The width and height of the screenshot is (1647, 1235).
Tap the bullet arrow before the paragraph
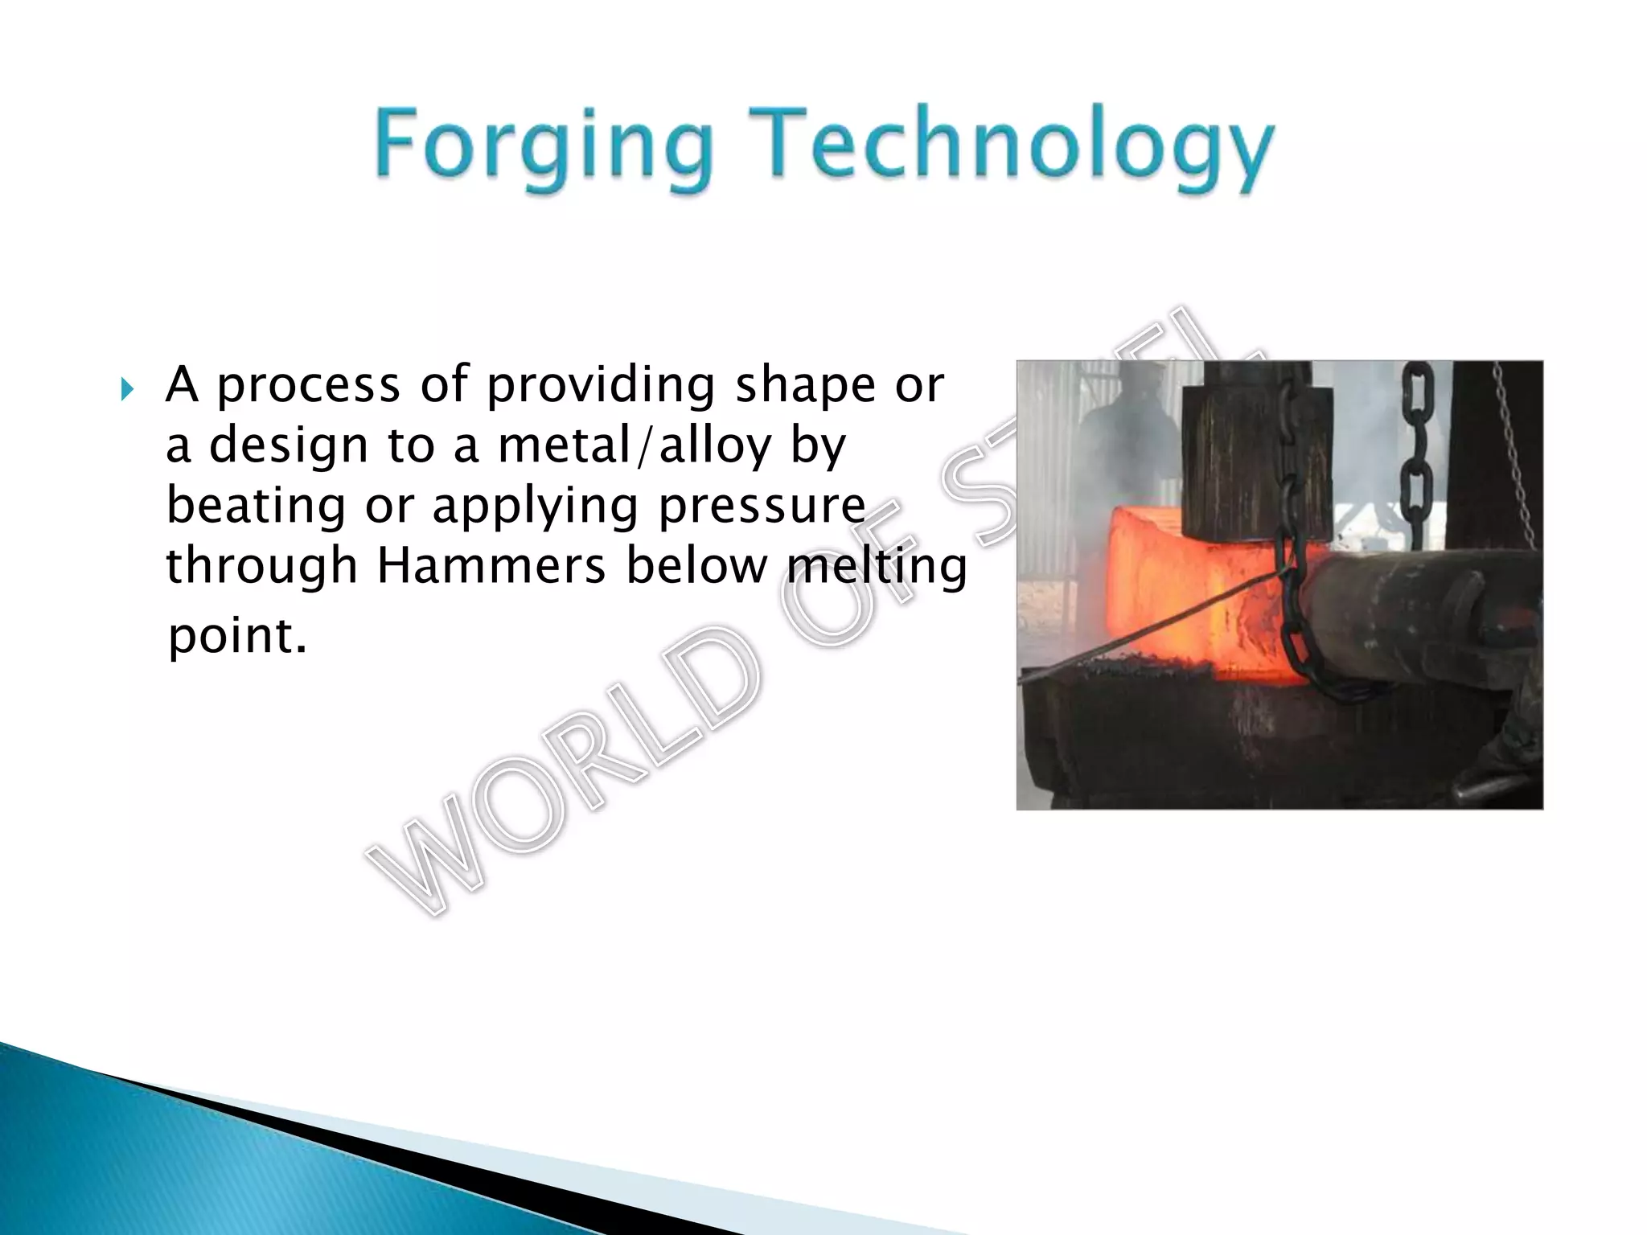pos(127,391)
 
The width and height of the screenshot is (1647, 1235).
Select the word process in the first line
pos(309,386)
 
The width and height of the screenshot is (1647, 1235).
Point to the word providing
pos(601,386)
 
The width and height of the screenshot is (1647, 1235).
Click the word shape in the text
pos(805,386)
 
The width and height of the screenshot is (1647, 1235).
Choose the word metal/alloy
pos(635,446)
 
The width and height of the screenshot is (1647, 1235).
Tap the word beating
pos(256,507)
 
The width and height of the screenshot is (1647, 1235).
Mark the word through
pos(261,567)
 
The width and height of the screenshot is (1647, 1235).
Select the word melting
pos(877,567)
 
